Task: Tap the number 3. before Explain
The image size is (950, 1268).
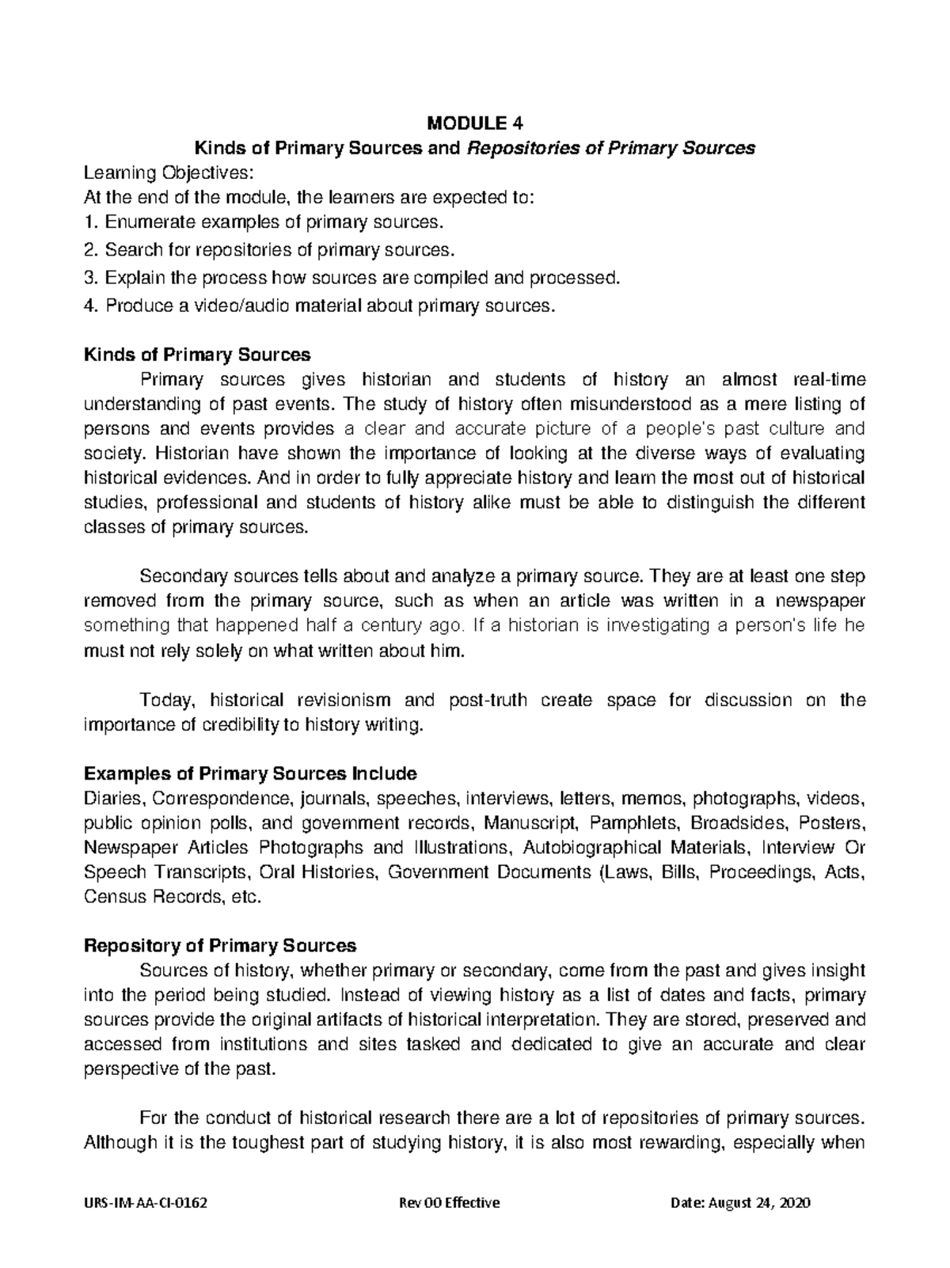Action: point(90,278)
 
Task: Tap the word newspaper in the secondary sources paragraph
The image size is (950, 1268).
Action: point(821,601)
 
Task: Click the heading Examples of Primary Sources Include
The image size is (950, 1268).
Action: point(249,773)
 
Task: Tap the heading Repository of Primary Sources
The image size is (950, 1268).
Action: point(219,946)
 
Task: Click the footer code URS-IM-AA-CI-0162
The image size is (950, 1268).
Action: point(146,1203)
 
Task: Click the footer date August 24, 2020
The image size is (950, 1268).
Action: point(760,1203)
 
